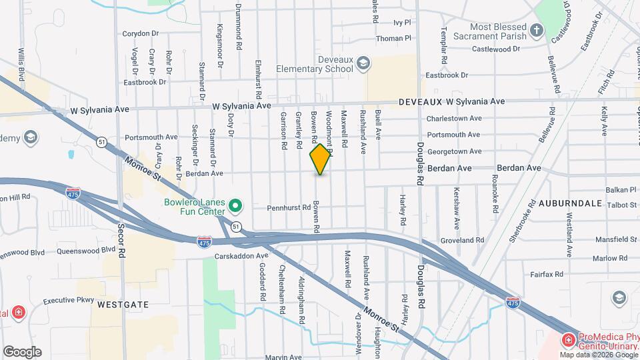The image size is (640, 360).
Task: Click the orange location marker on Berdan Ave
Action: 321,159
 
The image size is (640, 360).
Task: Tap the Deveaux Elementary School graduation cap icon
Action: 363,63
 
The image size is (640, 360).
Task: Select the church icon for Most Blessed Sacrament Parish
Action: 537,30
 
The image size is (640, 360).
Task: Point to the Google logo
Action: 22,352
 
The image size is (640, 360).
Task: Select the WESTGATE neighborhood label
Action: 122,304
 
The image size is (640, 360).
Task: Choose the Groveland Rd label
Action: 462,240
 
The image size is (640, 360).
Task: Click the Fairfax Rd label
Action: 547,274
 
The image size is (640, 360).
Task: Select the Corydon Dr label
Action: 141,33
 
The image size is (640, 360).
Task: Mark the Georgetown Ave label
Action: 455,151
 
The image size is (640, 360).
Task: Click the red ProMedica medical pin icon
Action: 568,341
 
